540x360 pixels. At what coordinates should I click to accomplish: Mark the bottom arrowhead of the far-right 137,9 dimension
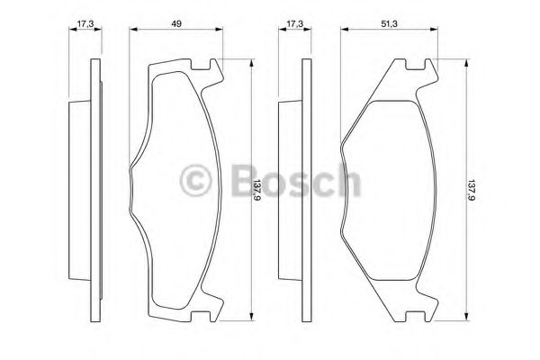pos(466,319)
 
